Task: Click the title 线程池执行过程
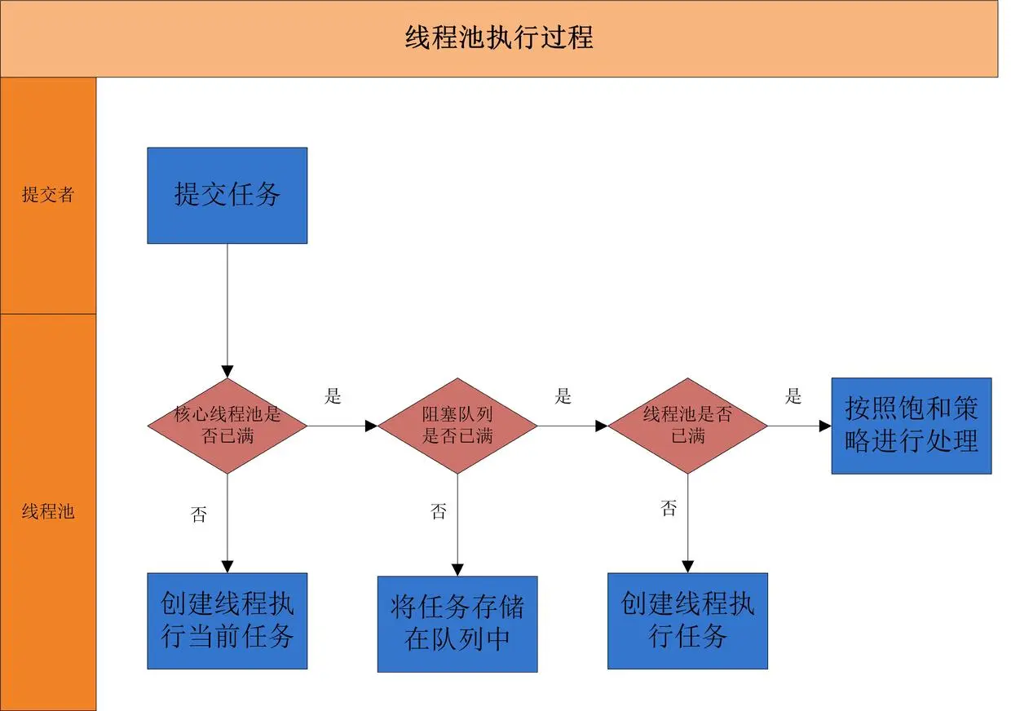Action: (499, 38)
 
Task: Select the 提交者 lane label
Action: (48, 195)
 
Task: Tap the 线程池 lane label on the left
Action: (48, 512)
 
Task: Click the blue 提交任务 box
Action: (227, 196)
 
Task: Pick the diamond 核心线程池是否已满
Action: (227, 425)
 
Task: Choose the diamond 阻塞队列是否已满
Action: (457, 425)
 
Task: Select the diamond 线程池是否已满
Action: (687, 425)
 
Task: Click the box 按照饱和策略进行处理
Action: (911, 425)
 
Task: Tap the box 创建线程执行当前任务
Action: (227, 620)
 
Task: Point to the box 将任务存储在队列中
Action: (457, 624)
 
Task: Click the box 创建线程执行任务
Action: (687, 620)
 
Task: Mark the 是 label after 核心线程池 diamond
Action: (333, 397)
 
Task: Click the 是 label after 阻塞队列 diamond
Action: (563, 397)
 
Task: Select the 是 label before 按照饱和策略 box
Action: (793, 397)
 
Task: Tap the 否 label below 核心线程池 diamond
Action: (199, 515)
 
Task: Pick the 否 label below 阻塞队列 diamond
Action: (439, 512)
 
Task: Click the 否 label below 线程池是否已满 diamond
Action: (669, 509)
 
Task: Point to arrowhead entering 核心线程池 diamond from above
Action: (227, 372)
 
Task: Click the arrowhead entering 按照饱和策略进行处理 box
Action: (825, 426)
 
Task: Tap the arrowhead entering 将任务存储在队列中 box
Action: (457, 570)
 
